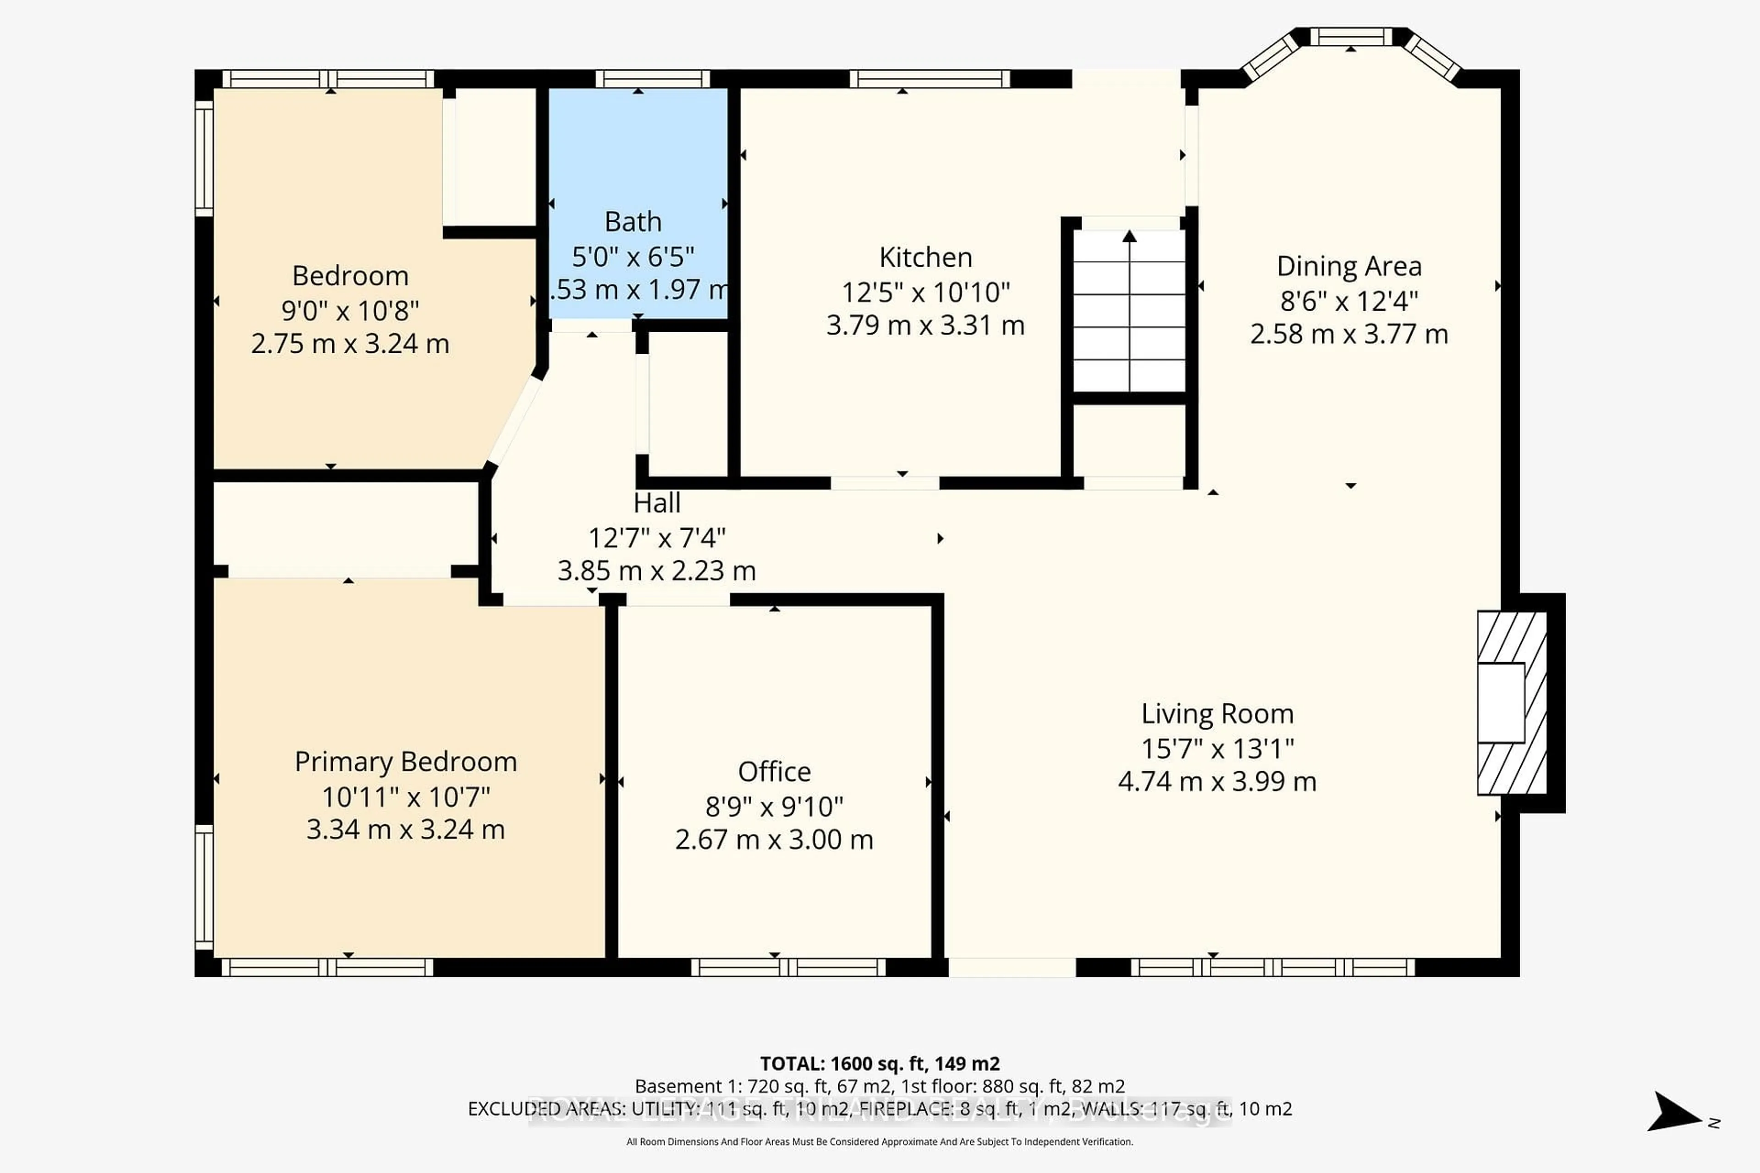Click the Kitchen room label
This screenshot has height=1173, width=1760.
point(926,258)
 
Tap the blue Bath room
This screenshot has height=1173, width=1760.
point(638,164)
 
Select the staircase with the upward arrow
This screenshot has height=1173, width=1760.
point(1129,311)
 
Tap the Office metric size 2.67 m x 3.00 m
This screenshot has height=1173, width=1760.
point(774,839)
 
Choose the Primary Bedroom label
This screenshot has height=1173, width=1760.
point(406,762)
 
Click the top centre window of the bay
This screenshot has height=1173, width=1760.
point(1351,37)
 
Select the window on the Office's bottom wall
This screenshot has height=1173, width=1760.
point(788,967)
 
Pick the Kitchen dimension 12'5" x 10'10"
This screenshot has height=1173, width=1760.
point(926,292)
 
